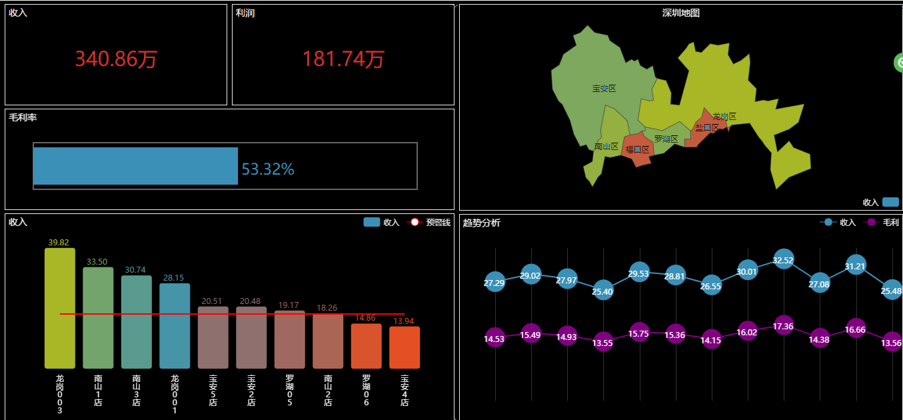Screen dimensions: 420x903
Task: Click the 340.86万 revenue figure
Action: [116, 59]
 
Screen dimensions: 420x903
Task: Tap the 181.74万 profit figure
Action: [343, 59]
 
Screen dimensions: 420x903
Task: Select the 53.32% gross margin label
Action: [267, 169]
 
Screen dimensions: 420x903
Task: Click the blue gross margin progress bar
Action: [135, 166]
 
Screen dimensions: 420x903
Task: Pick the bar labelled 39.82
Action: [60, 308]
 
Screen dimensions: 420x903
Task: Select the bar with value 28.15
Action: [175, 325]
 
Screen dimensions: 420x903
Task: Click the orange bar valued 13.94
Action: [405, 347]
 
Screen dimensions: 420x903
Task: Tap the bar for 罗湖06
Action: [366, 346]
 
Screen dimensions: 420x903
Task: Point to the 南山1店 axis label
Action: [98, 390]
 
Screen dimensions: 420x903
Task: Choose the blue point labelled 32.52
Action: [783, 260]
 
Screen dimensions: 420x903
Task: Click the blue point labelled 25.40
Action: [602, 291]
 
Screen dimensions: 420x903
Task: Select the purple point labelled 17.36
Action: [783, 326]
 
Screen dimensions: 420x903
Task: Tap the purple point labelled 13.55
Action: [602, 343]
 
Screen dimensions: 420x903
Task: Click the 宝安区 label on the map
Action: [604, 89]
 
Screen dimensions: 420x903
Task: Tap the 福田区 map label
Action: [637, 149]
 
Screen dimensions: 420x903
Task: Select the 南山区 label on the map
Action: [606, 146]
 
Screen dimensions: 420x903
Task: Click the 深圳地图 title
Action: [680, 13]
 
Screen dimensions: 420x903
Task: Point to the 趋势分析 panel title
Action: [481, 223]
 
